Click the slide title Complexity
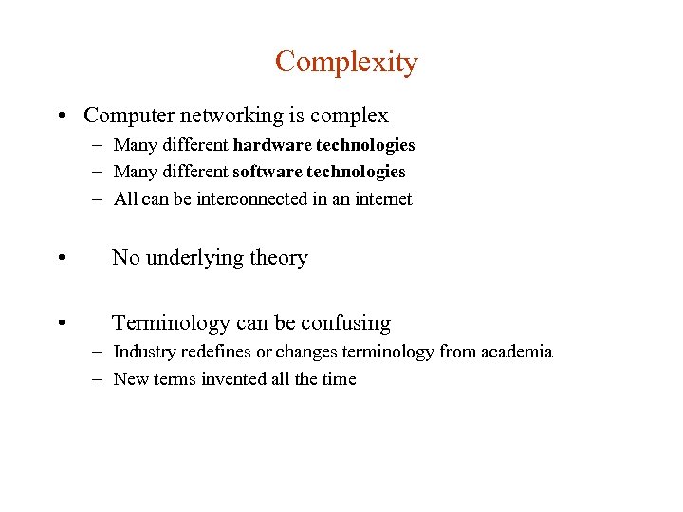pyautogui.click(x=346, y=63)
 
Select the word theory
pyautogui.click(x=280, y=258)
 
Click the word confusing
pyautogui.click(x=345, y=323)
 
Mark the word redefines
pyautogui.click(x=216, y=352)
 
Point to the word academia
pyautogui.click(x=516, y=352)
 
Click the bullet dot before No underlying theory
pyautogui.click(x=61, y=259)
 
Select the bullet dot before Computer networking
pyautogui.click(x=61, y=117)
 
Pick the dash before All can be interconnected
pyautogui.click(x=99, y=199)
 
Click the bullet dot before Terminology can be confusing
pyautogui.click(x=61, y=324)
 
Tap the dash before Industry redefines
pyautogui.click(x=99, y=352)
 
